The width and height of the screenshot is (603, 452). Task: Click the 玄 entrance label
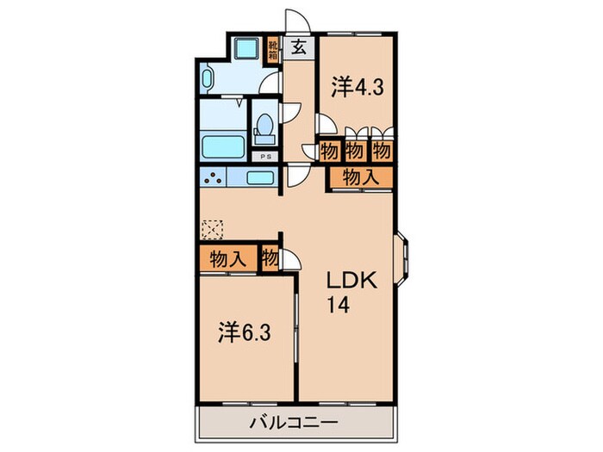pos(297,47)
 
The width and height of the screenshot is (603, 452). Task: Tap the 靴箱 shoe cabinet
pos(273,47)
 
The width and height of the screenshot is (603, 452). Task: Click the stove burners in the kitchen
pos(213,179)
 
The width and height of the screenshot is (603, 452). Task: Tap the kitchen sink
pos(260,179)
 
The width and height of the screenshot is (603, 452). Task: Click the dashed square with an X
pos(212,229)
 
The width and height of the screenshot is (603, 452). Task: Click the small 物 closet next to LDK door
pos(270,257)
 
